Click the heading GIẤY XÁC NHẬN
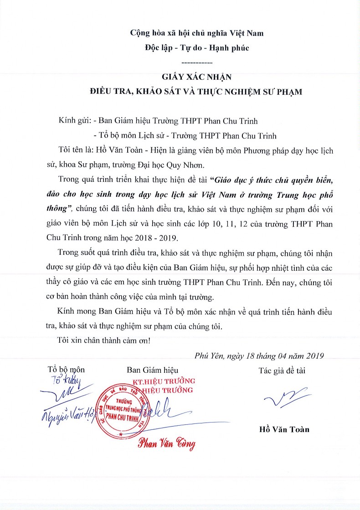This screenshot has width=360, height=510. (x=196, y=77)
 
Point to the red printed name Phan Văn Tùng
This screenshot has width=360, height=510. (x=167, y=443)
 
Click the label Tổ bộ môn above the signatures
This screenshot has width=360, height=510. (x=66, y=370)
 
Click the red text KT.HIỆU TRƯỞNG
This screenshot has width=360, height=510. (x=163, y=380)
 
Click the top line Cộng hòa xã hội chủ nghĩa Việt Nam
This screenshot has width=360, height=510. (x=196, y=33)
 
